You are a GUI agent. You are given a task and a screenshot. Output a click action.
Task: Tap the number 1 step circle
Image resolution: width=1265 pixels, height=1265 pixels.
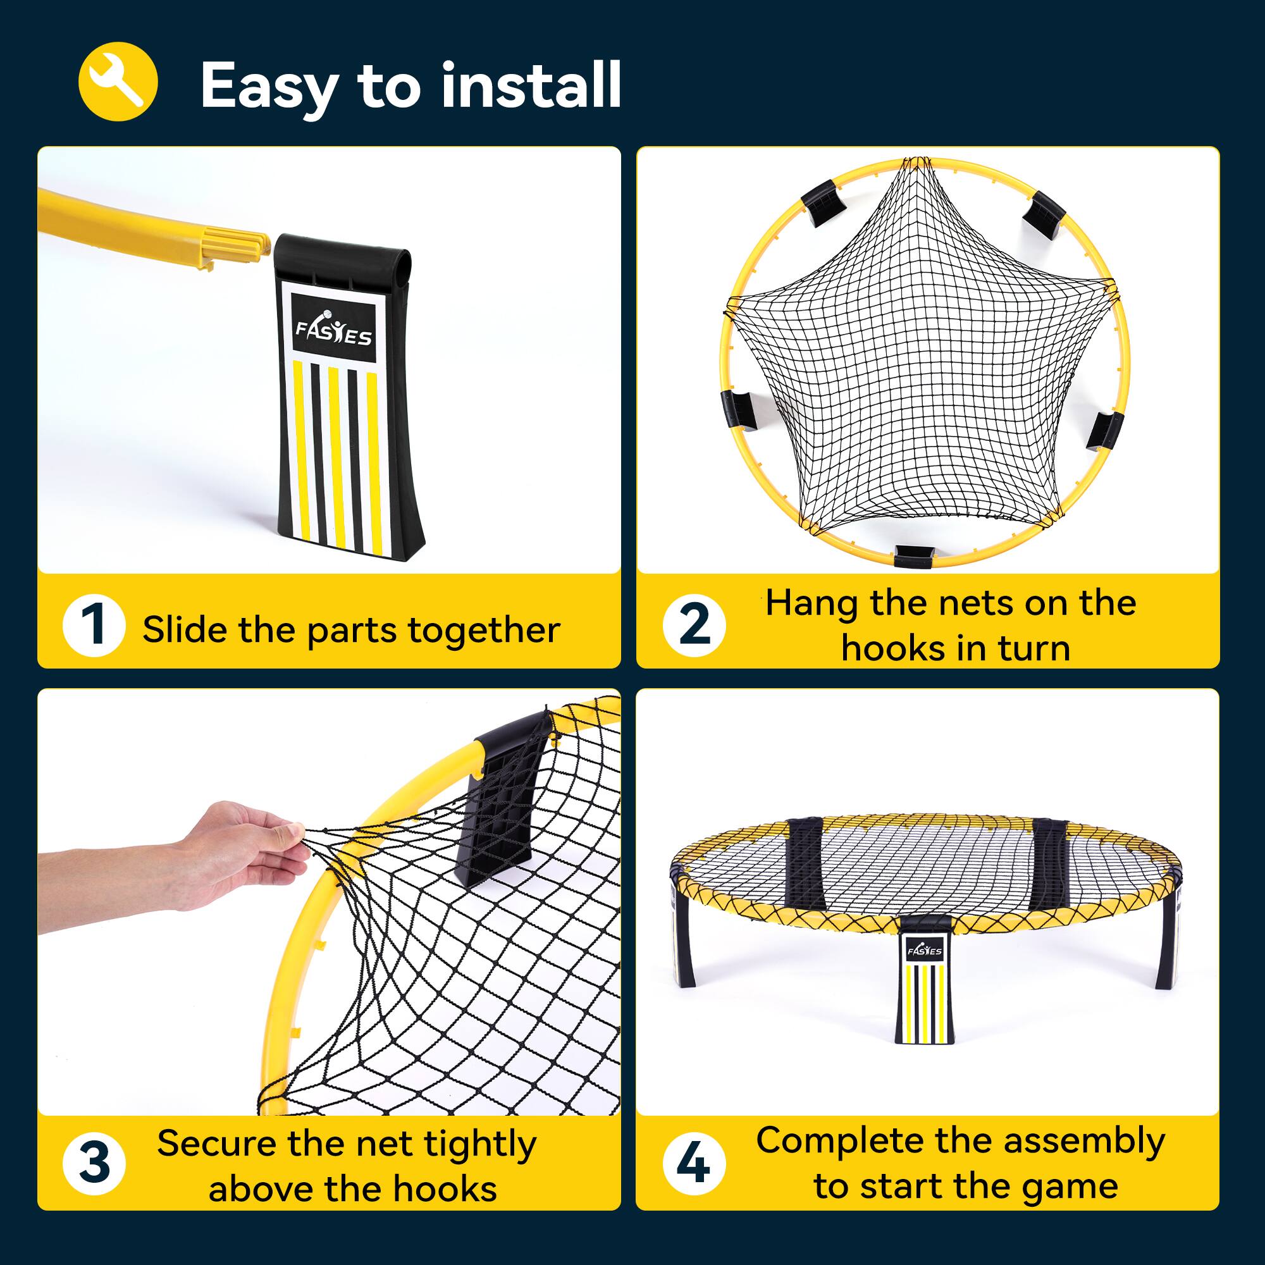tap(94, 626)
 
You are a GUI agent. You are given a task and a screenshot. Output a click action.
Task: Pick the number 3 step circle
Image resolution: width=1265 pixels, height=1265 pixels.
tap(94, 1164)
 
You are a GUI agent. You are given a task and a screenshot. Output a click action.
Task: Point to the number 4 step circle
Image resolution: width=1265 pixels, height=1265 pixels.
tap(693, 1164)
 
